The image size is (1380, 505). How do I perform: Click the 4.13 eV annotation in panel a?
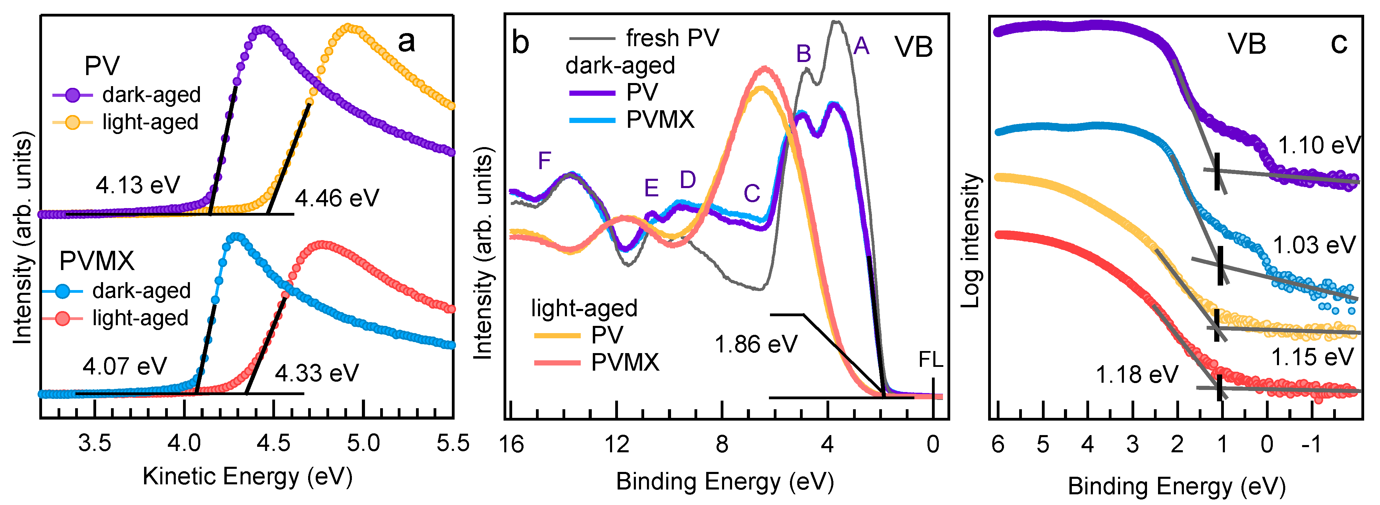(x=138, y=185)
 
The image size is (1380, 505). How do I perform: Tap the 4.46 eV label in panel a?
(x=337, y=199)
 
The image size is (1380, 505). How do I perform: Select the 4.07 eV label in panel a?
(x=125, y=366)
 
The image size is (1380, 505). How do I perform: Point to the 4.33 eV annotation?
(x=317, y=373)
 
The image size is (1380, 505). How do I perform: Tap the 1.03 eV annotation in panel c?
(x=1314, y=245)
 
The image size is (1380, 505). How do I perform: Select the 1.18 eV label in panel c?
(x=1137, y=375)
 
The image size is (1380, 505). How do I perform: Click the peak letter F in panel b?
(x=544, y=161)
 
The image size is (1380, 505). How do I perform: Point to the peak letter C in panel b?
(x=752, y=193)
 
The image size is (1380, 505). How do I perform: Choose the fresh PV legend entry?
(x=645, y=38)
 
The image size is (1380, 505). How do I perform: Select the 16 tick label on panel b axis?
(x=511, y=444)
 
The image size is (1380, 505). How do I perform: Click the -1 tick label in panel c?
(x=1311, y=444)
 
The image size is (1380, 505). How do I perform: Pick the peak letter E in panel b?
(x=651, y=188)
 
